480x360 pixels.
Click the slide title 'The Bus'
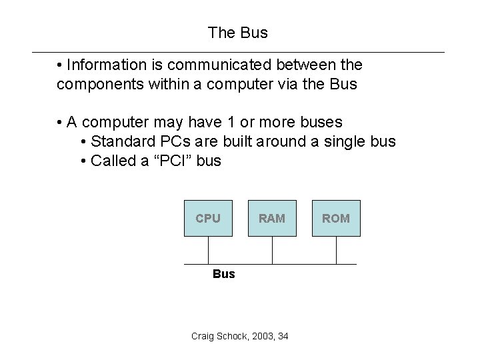click(237, 32)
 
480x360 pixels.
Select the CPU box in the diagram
click(208, 218)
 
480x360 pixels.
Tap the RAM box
click(272, 218)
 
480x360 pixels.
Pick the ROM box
click(336, 218)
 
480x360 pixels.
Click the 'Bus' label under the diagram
click(224, 274)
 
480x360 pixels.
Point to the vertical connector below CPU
click(209, 250)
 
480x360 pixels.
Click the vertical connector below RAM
click(273, 250)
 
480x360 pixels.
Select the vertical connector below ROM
click(336, 250)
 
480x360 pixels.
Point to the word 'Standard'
click(120, 141)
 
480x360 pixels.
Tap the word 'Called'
click(112, 161)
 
